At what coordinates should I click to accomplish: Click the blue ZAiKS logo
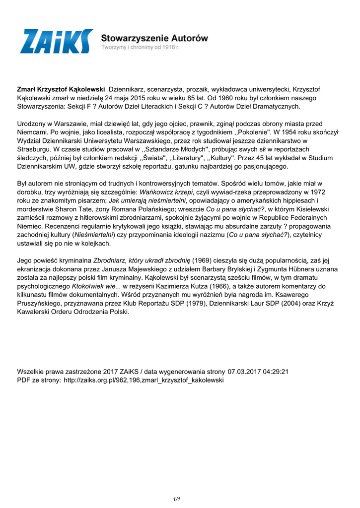(x=56, y=41)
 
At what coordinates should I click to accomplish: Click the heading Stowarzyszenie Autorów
(x=154, y=38)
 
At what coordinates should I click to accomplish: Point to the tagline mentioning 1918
(x=141, y=47)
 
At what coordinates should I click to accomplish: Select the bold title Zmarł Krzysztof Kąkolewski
(x=61, y=89)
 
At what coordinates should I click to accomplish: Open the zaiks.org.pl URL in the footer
(x=144, y=381)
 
